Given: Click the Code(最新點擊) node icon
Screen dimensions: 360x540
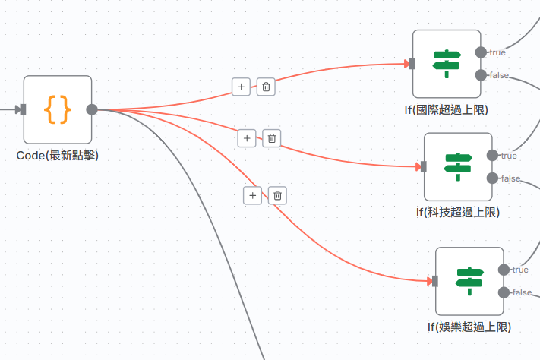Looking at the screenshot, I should coord(58,109).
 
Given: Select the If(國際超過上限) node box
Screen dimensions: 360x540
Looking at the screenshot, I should coord(447,64).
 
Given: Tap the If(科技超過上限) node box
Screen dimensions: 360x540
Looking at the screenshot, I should coord(458,167).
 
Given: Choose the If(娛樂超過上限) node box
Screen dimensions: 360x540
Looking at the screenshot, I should coord(469,281).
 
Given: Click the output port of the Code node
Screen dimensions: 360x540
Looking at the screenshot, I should coord(92,109).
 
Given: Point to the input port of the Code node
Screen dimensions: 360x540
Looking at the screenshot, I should coord(23,109).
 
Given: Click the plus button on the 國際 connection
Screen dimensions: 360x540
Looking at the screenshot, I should coord(242,87).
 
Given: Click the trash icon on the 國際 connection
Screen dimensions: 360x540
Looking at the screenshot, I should coord(266,87).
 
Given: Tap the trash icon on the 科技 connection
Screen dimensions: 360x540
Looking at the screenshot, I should coord(272,138).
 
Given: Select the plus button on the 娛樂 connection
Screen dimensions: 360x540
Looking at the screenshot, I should coord(252,195).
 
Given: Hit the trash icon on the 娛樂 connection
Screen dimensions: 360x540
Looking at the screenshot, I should coord(278,195).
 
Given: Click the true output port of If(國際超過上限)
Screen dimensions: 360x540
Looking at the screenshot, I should coord(480,52).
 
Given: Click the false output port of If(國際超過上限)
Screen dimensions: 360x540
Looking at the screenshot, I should coord(480,74).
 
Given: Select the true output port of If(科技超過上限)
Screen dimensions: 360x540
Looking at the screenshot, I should coord(492,156).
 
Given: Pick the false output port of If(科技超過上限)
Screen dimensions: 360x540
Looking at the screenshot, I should coord(492,178).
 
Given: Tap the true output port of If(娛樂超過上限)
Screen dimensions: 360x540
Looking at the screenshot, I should coord(504,270).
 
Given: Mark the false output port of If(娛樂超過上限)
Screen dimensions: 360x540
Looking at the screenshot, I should coord(504,292).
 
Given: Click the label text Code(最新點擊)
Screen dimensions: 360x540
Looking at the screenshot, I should coord(58,156).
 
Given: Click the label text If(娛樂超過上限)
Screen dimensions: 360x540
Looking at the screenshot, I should coord(469,327).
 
